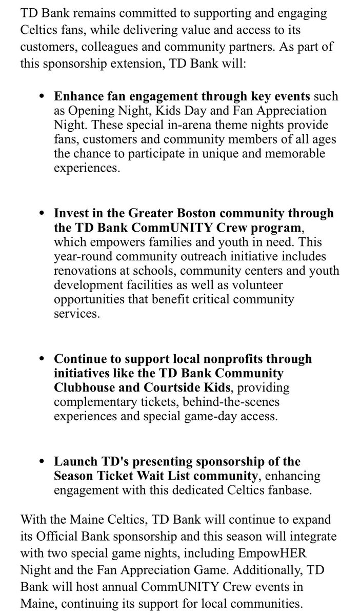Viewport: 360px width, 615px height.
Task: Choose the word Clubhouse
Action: [x=86, y=386]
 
